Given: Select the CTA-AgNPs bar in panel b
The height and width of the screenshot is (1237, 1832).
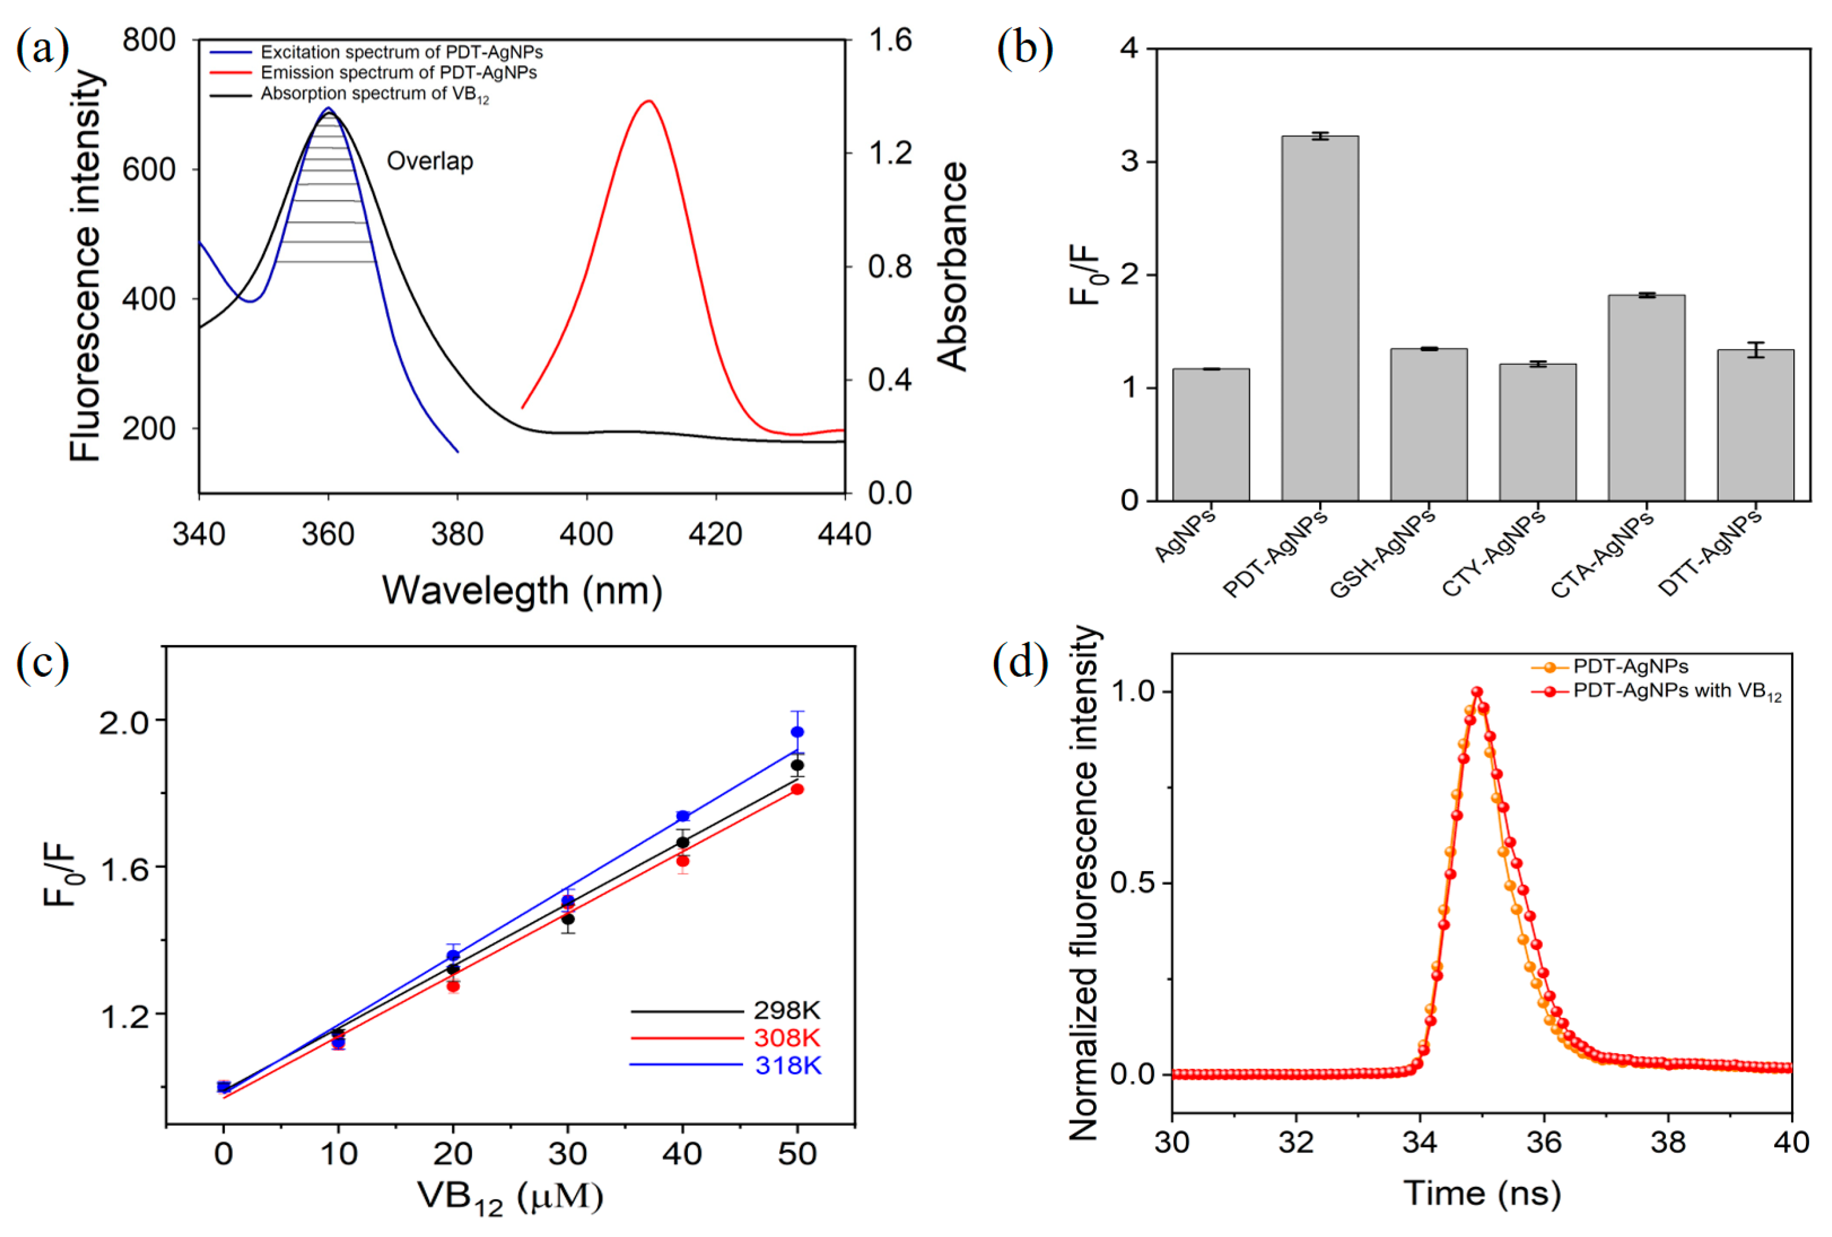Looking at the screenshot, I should (1646, 398).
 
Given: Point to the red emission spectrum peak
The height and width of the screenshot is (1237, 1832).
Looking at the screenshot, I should (648, 102).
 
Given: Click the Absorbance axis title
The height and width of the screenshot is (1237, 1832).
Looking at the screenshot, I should (952, 267).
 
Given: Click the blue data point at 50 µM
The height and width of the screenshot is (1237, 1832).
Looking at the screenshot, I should (797, 733).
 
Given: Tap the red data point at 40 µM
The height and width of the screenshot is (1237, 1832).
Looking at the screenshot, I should (683, 861).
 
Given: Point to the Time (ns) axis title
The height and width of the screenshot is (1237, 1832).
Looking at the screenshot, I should (1481, 1193).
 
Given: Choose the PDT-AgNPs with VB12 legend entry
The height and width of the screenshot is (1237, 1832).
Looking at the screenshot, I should (1676, 691).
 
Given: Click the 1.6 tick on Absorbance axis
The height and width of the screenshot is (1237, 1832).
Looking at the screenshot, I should (889, 40).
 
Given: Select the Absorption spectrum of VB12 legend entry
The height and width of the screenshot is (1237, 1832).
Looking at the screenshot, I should (374, 94).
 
